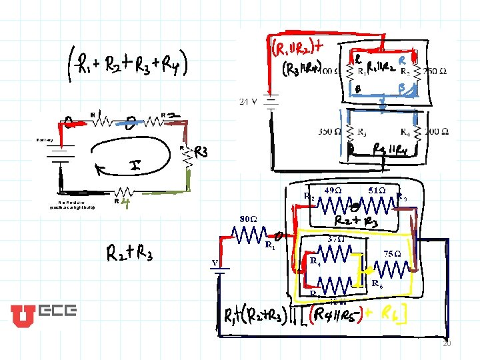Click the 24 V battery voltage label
249,101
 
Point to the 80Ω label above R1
249,219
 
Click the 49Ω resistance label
333,190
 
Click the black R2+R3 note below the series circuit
130,255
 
